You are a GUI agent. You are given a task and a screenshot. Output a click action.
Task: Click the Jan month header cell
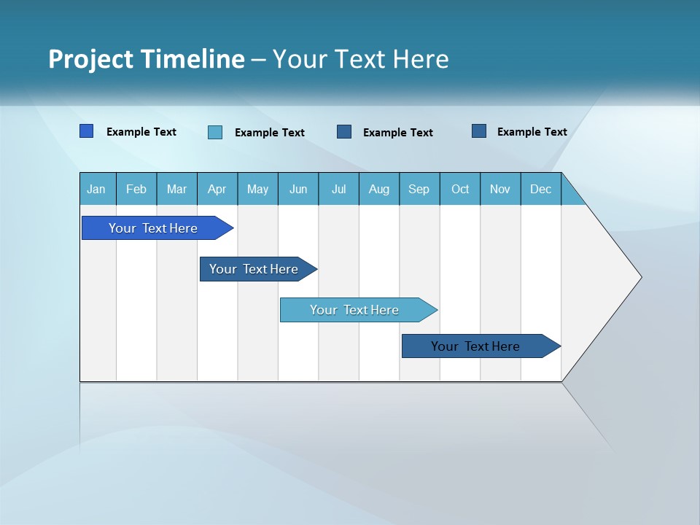(97, 189)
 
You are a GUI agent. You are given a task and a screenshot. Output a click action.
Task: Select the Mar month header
(176, 189)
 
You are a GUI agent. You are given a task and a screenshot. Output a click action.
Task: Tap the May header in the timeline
(257, 189)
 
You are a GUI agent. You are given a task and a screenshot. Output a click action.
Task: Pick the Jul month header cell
(338, 189)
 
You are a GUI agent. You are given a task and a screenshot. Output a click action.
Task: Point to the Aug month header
(378, 189)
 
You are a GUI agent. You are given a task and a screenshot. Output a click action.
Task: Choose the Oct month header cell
(459, 189)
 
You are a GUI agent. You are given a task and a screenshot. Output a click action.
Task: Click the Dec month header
(540, 189)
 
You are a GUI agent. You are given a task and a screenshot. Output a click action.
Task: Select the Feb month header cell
(136, 189)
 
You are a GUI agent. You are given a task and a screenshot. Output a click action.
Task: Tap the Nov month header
(499, 189)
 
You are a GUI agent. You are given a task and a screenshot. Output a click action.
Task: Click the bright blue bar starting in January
(153, 228)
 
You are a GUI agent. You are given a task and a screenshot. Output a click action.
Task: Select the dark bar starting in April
(254, 269)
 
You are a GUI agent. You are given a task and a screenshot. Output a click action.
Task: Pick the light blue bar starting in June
(354, 310)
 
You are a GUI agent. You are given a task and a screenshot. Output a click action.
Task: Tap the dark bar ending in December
(475, 346)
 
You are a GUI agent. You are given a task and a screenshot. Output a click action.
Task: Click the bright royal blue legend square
(86, 131)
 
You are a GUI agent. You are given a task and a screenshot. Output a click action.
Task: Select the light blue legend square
(215, 132)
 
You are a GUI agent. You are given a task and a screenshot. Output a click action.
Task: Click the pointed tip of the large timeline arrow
(640, 277)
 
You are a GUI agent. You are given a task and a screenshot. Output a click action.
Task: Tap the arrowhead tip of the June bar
(436, 310)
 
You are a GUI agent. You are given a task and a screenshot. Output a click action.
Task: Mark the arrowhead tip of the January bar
(232, 228)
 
